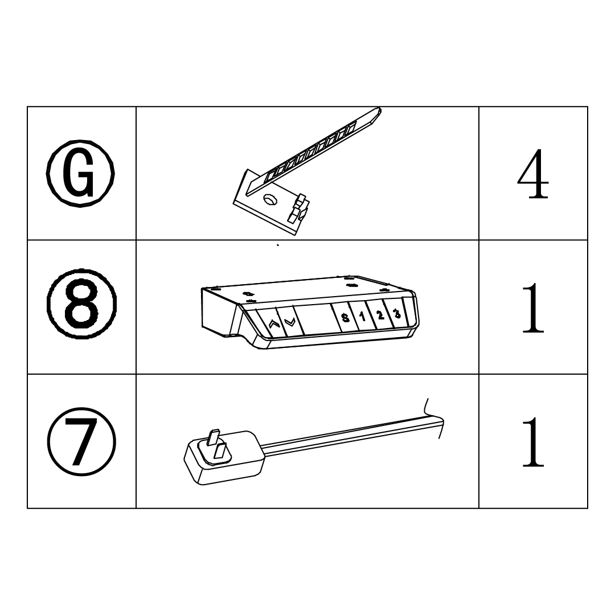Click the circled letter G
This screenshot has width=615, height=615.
click(x=80, y=173)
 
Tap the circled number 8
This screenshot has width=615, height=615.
click(x=81, y=304)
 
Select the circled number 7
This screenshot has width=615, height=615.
click(x=81, y=441)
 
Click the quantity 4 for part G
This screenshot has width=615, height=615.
click(x=533, y=174)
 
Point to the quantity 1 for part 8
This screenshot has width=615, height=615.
click(x=534, y=308)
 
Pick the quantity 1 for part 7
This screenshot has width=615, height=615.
click(x=534, y=442)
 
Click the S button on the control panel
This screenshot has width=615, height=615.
click(x=345, y=317)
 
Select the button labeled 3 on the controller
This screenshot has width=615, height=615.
click(x=397, y=313)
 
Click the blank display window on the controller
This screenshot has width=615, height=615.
click(x=318, y=319)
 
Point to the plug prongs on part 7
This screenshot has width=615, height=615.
click(x=217, y=444)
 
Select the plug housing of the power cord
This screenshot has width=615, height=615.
click(x=223, y=457)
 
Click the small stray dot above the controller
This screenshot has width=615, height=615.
click(x=278, y=245)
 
